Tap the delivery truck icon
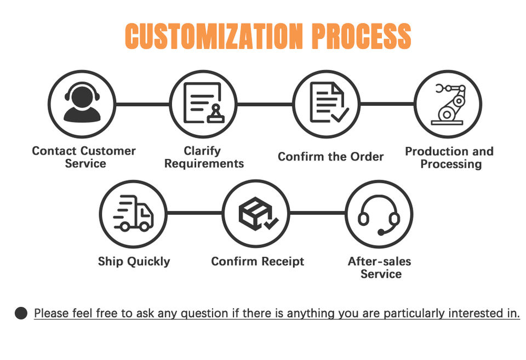pyautogui.click(x=133, y=213)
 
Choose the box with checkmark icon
pyautogui.click(x=257, y=213)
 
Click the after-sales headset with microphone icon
pyautogui.click(x=379, y=214)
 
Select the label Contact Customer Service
pyautogui.click(x=84, y=157)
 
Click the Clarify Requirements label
pyautogui.click(x=204, y=157)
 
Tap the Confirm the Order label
pyautogui.click(x=330, y=157)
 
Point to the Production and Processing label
pyautogui.click(x=449, y=157)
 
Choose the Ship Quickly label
pyautogui.click(x=134, y=261)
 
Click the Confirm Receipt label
pyautogui.click(x=258, y=261)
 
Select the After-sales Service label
pyautogui.click(x=380, y=267)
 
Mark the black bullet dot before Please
pyautogui.click(x=21, y=313)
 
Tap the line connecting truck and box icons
pyautogui.click(x=195, y=213)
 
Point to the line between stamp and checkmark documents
pyautogui.click(x=265, y=104)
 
